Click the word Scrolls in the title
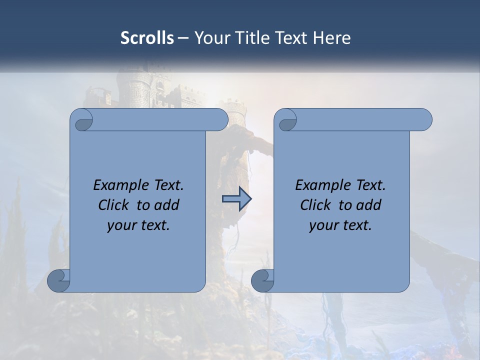coord(147,38)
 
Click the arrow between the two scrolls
coord(236,199)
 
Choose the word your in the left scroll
coord(120,225)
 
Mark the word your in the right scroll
coord(322,225)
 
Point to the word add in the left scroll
coord(166,205)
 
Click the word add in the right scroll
coord(368,205)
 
